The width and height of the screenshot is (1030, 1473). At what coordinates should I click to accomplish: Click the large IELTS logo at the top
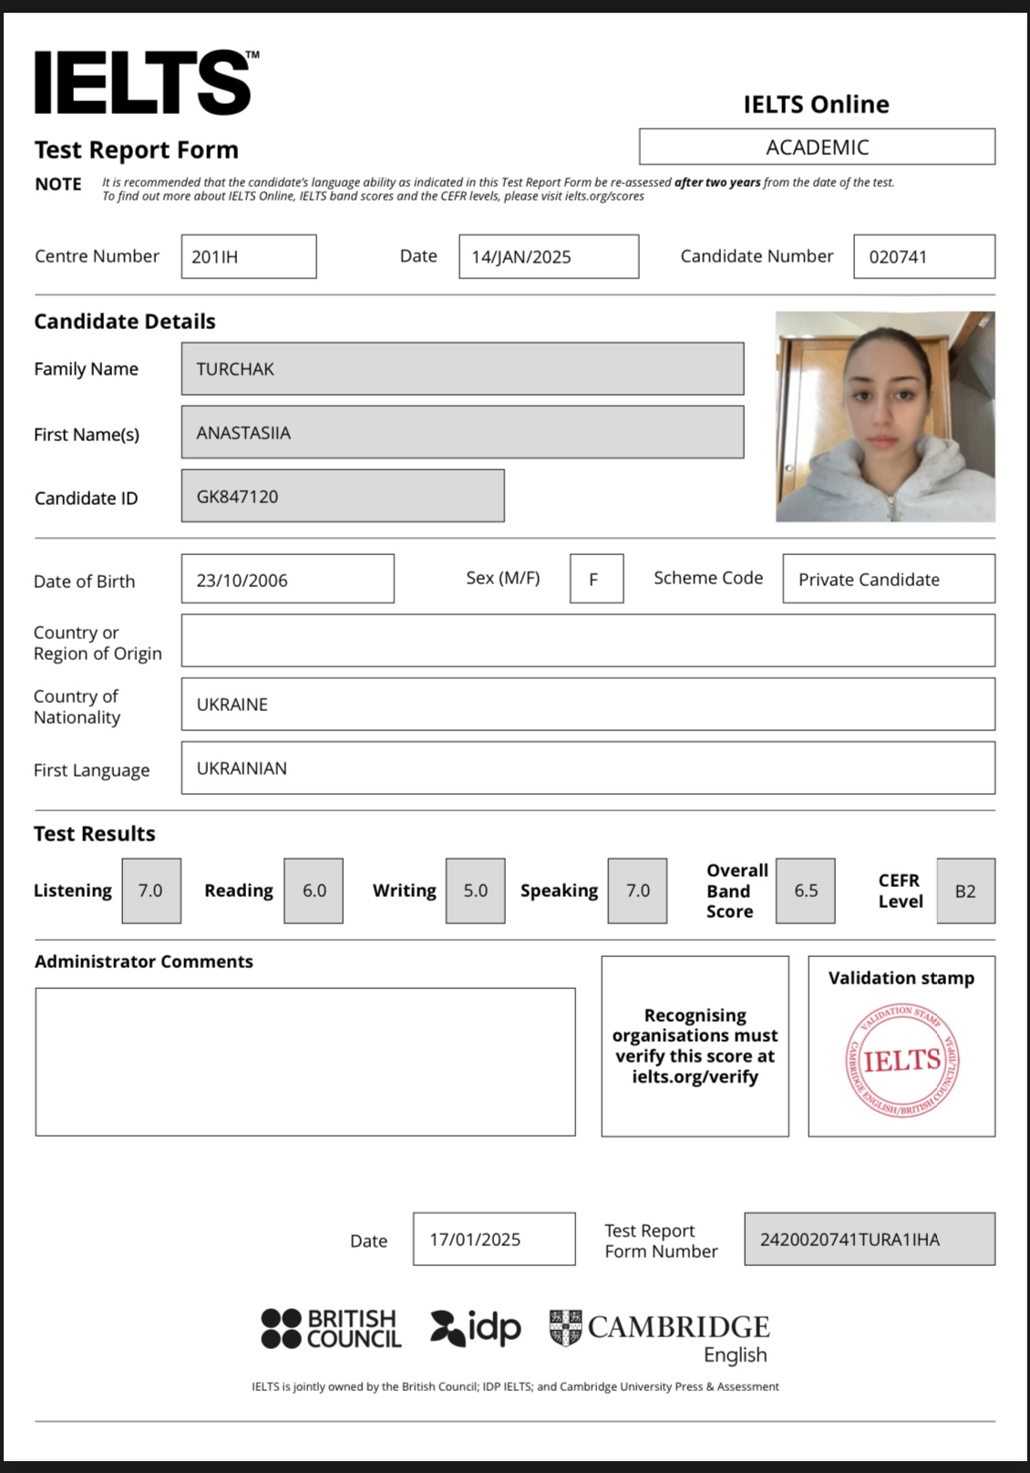(143, 83)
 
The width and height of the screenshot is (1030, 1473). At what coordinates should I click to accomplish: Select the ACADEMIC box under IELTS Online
(817, 147)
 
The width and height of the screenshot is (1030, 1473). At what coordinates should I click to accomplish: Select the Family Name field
(462, 369)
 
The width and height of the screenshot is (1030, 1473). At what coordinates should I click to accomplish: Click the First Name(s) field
(462, 433)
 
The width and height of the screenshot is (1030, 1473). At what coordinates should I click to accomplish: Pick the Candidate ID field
(342, 497)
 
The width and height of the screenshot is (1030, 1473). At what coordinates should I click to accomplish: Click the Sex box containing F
(596, 580)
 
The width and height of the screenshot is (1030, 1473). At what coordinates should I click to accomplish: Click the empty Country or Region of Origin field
(587, 641)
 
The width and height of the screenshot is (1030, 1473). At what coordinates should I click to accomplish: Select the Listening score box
(151, 891)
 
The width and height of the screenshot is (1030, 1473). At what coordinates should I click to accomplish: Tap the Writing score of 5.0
(476, 891)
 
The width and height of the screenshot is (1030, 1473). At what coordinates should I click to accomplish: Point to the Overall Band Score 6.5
(806, 891)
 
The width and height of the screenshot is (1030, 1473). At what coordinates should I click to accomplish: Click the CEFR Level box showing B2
(965, 891)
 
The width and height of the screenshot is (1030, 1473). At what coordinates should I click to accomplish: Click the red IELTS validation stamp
(901, 1060)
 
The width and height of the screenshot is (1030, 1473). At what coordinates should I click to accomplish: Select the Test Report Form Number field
(869, 1240)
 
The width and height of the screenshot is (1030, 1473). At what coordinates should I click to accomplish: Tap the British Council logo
(330, 1329)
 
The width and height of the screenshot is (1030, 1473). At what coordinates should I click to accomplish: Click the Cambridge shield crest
(565, 1327)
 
